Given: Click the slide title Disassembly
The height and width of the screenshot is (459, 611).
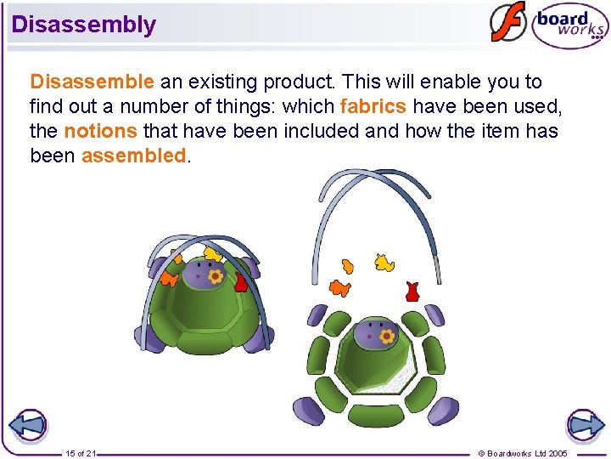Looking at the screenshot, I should coord(84,24).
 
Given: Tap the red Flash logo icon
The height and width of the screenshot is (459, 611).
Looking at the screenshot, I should coord(508,23).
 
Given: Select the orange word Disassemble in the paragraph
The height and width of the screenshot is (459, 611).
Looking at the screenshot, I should coord(92,82).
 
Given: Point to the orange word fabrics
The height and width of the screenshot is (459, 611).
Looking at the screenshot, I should coord(373,107).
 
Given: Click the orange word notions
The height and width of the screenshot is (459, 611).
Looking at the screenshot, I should coord(100,132).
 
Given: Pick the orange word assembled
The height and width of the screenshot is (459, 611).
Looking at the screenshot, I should coord(133,156).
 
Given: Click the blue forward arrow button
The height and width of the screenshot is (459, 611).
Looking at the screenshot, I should coord(585,426).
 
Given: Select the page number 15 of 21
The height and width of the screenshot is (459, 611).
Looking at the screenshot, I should coord(81,453).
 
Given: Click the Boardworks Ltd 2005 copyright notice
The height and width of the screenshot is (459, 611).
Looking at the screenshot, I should coord(523,453).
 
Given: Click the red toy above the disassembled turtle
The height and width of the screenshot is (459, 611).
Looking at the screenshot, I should coord(412,292).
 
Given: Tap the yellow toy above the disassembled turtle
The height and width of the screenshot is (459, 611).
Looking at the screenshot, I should coord(384,263).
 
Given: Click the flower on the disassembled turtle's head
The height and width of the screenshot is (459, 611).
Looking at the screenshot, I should coord(387,337).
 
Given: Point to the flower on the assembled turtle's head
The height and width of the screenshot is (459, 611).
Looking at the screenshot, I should coord(216,276).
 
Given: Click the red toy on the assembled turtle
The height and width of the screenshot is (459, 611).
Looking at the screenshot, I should coord(240,282).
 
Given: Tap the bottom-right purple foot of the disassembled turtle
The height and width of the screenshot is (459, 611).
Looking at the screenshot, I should coord(442,411).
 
